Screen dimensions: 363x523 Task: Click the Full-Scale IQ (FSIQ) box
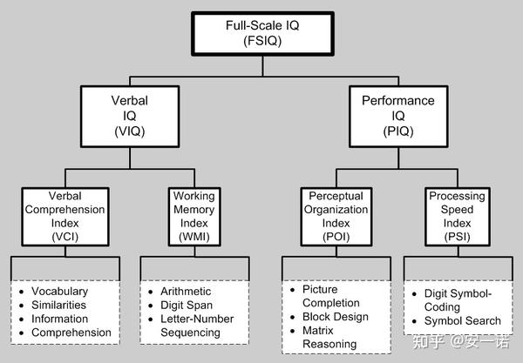261,34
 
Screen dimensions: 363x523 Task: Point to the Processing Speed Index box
456,215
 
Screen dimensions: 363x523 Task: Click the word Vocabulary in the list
59,291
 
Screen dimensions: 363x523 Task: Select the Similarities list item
59,305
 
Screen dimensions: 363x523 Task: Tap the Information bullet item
59,319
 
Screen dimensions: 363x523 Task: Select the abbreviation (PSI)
456,236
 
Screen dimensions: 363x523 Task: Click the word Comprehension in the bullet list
71,333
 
